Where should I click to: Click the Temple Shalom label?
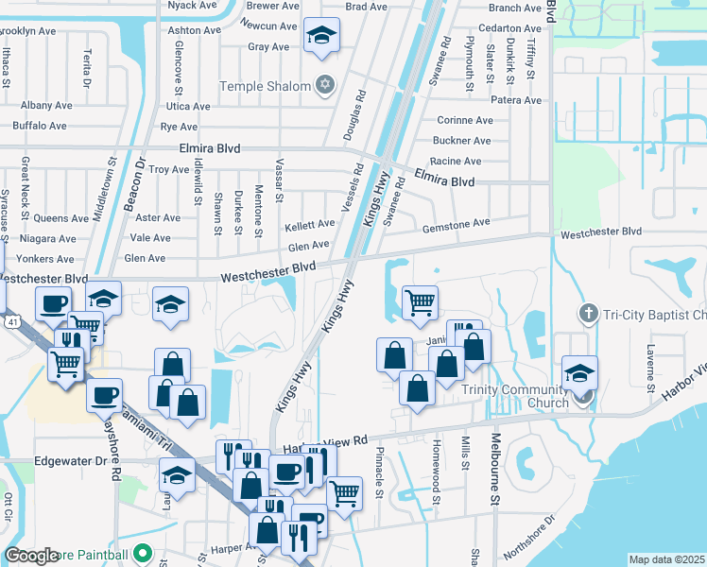(265, 86)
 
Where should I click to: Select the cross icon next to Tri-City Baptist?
(587, 313)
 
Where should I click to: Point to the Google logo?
(31, 556)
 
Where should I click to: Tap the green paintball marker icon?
(143, 553)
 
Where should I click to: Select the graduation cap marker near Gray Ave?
(322, 37)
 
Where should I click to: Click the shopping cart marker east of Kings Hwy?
(420, 302)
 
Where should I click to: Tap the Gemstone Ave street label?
(457, 222)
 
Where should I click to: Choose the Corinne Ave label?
(465, 120)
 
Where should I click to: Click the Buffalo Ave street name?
(40, 125)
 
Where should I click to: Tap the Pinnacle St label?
(379, 472)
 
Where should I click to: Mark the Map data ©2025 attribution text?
(666, 559)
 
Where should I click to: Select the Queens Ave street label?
(60, 217)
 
